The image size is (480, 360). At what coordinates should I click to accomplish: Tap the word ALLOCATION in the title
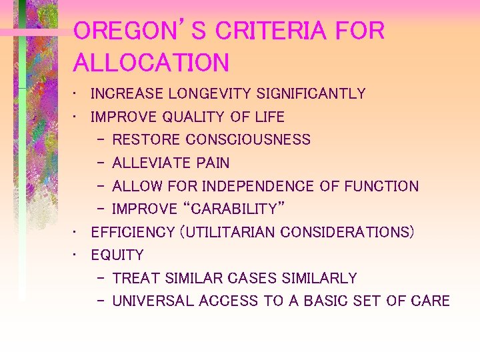(151, 63)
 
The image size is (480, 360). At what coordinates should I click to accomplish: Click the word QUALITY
(190, 117)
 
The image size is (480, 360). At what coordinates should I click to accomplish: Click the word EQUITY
(117, 255)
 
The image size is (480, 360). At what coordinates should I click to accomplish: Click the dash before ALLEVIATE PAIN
(99, 163)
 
